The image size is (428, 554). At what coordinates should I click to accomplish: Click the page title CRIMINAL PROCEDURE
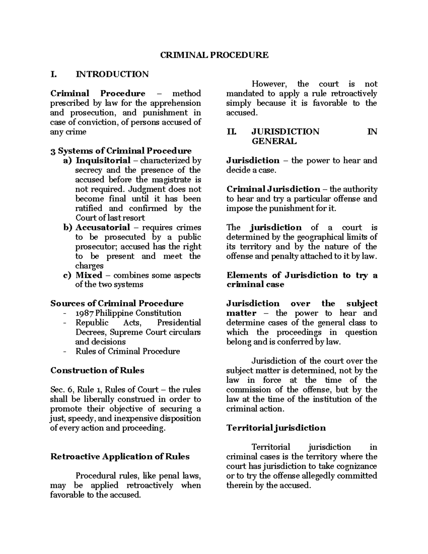(x=214, y=55)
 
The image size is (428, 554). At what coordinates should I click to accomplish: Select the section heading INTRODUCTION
(x=112, y=74)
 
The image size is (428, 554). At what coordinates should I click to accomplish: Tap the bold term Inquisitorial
(x=103, y=161)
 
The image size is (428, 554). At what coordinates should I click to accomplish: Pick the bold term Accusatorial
(x=103, y=228)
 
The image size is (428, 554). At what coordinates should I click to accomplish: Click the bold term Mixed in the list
(x=89, y=275)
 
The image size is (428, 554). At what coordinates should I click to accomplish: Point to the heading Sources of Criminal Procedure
(x=117, y=304)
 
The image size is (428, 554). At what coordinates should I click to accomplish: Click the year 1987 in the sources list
(x=85, y=313)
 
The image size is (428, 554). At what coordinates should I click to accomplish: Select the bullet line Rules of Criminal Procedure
(x=127, y=351)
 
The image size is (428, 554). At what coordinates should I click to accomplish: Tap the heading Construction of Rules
(x=97, y=371)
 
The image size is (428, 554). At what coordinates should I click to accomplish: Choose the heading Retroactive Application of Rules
(x=120, y=457)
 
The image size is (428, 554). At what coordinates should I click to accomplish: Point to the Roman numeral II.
(x=231, y=132)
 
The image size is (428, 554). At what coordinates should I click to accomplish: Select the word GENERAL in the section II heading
(x=274, y=142)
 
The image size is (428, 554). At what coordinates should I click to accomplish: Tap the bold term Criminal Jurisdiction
(x=273, y=189)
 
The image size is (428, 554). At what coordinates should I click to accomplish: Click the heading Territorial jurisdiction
(x=276, y=428)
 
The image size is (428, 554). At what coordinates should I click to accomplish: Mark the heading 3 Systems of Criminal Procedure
(x=121, y=151)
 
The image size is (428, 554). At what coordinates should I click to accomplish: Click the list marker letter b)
(x=68, y=228)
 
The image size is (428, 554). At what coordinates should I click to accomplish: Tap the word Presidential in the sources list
(x=179, y=323)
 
